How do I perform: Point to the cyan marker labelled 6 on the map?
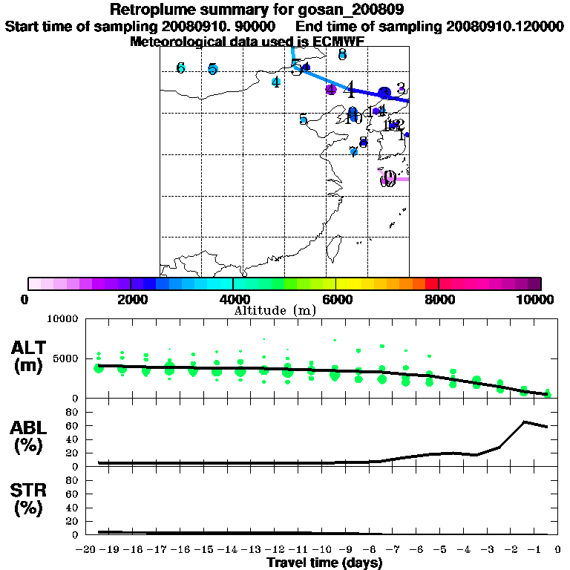point(180,68)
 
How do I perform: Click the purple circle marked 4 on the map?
point(331,90)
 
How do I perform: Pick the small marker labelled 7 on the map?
point(353,151)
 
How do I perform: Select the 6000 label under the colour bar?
point(335,300)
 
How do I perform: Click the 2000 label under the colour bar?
point(130,300)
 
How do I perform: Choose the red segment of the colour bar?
point(431,284)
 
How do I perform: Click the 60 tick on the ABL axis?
point(73,425)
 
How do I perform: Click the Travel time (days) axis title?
point(324,563)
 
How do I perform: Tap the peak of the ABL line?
point(524,422)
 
